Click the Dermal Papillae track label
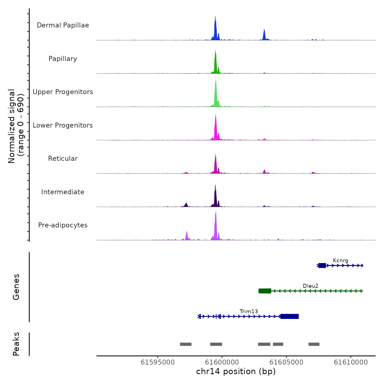63,25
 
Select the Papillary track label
63,59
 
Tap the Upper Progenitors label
63,92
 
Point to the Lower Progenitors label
63,125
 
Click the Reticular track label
63,159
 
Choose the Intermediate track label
63,192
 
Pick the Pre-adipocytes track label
63,225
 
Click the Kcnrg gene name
340,261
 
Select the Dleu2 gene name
310,286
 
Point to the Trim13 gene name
249,312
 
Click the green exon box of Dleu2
265,291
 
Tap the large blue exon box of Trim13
289,317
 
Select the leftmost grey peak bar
186,344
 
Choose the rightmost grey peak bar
314,344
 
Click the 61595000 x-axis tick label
158,362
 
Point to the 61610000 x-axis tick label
351,362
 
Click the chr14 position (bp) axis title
236,371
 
